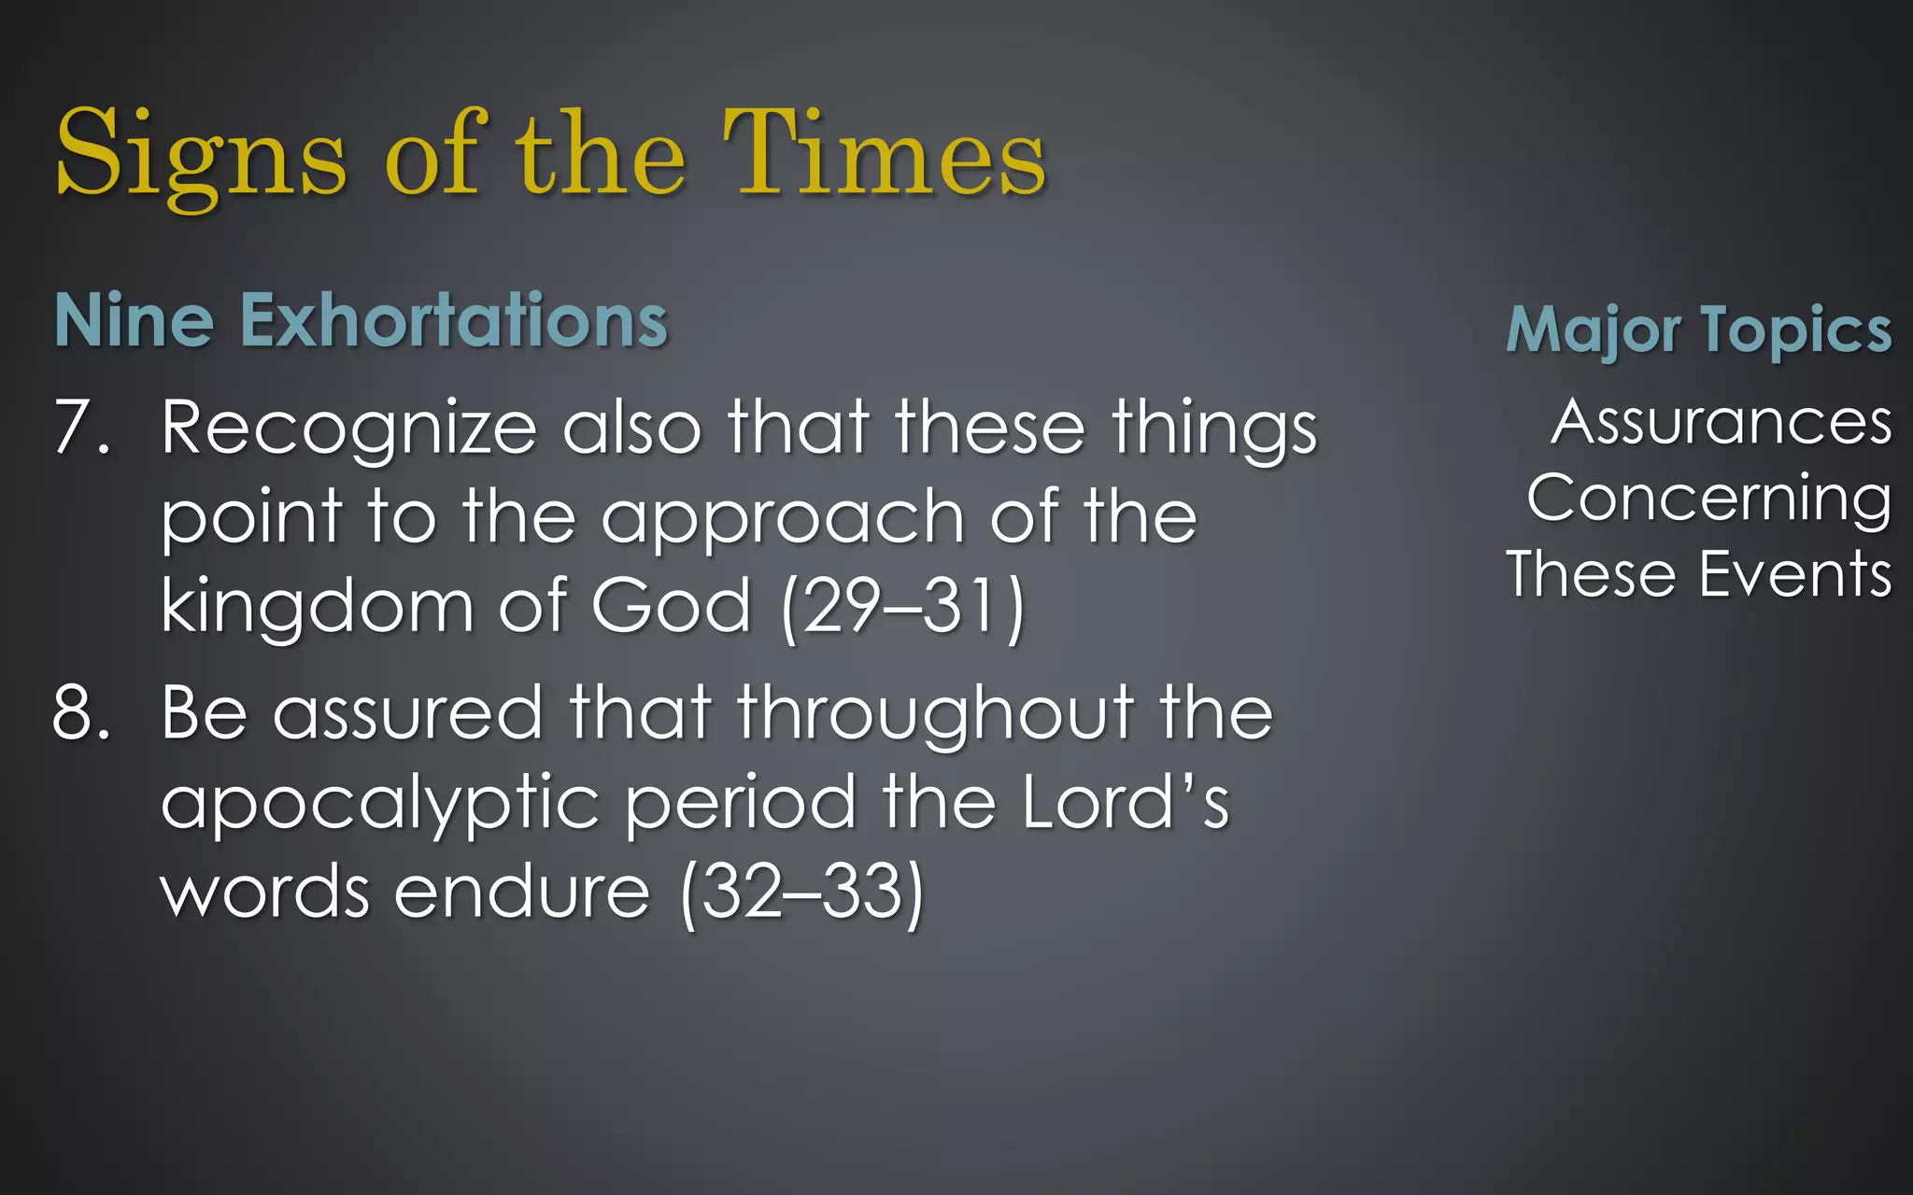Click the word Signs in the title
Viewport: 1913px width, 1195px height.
[201, 154]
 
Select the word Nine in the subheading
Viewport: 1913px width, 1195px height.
[135, 320]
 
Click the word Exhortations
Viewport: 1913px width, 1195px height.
[454, 320]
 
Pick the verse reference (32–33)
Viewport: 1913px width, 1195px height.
[802, 893]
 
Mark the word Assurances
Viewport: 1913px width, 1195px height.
[1722, 422]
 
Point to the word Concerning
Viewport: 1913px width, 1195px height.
[1709, 499]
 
